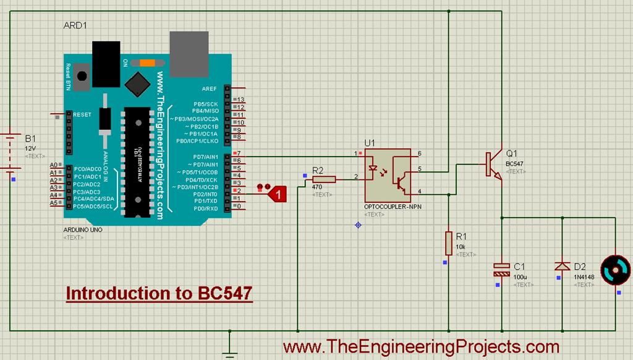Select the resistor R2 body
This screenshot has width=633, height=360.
323,179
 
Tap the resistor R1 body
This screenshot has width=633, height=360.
448,242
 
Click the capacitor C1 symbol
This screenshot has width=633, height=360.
501,268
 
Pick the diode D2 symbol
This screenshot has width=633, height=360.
561,266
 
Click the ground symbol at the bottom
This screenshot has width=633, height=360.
229,353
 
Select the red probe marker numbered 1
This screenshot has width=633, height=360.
278,195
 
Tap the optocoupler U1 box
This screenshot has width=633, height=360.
388,174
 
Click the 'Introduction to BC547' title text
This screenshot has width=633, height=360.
159,293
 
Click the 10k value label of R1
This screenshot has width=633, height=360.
461,247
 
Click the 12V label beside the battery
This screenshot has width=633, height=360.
30,148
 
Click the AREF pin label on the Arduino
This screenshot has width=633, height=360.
209,89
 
